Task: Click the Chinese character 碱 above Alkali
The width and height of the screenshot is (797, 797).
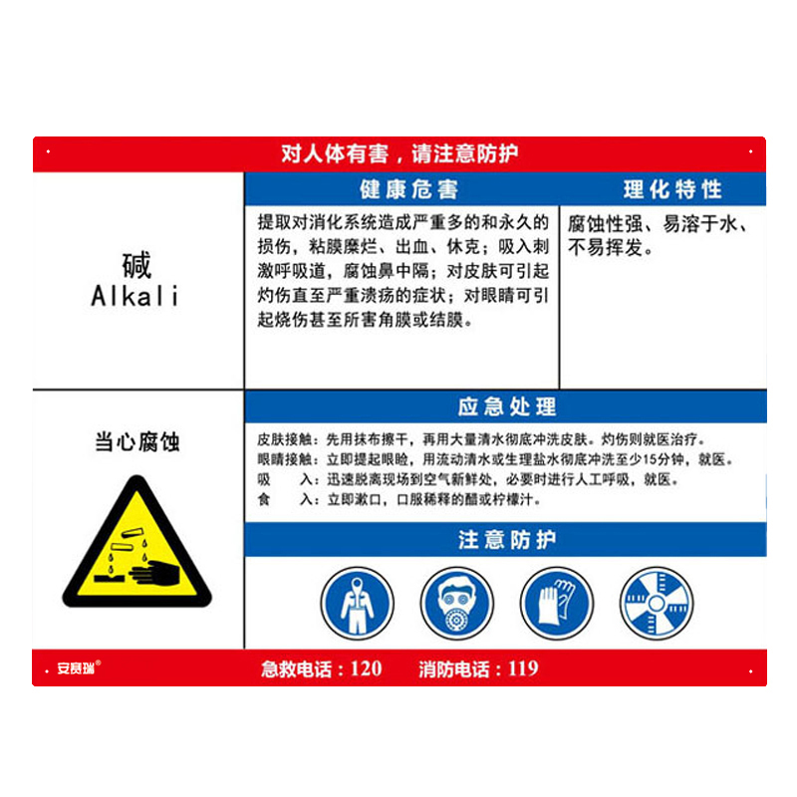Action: tap(136, 265)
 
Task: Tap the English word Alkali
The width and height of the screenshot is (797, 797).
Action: tap(135, 296)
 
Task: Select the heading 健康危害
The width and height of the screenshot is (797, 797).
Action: tap(409, 189)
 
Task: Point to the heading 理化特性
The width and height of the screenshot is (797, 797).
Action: tap(672, 189)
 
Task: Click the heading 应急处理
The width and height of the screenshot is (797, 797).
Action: tap(507, 406)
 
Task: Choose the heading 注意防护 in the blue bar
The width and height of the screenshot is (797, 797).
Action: tap(507, 539)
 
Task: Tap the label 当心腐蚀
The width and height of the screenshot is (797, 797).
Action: tap(137, 441)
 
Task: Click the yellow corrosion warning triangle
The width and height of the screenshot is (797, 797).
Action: tap(136, 542)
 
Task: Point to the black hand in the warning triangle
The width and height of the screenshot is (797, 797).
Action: tap(155, 574)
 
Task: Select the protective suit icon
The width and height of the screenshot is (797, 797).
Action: tap(358, 604)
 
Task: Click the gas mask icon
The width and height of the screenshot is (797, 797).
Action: tap(457, 604)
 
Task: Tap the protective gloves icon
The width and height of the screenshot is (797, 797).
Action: tap(557, 604)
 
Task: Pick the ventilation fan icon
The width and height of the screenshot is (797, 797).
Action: tap(657, 604)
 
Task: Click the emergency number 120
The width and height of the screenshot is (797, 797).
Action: tap(367, 668)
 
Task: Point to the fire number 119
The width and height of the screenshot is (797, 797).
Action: tap(523, 668)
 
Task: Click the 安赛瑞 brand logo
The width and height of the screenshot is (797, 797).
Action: tap(78, 667)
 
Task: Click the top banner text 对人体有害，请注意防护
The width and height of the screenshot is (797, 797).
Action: tap(399, 153)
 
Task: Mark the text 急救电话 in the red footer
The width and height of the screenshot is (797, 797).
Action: tap(296, 668)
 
